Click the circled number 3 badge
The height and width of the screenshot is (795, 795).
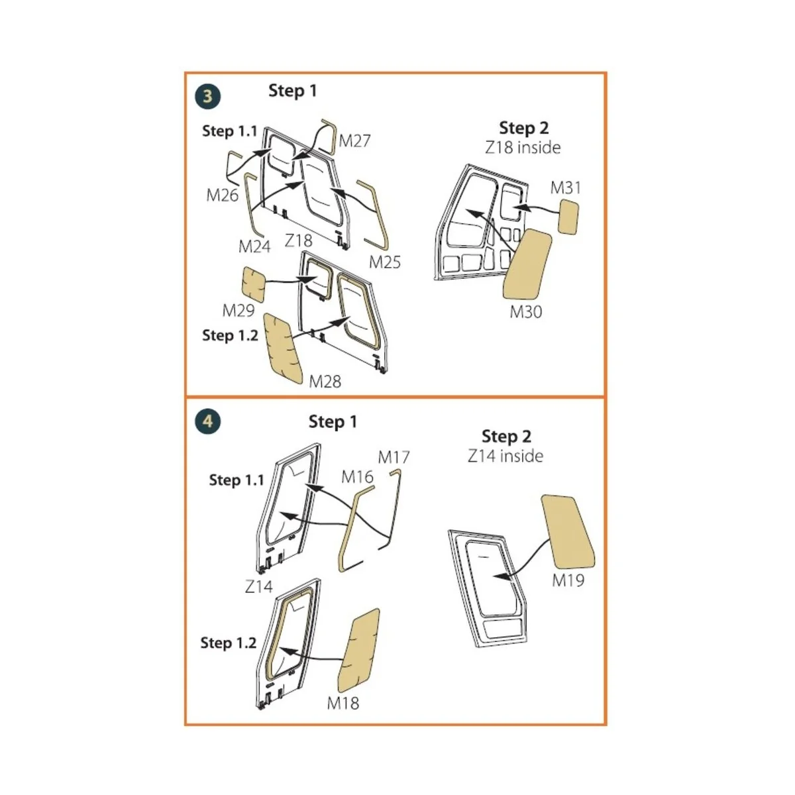pyautogui.click(x=207, y=97)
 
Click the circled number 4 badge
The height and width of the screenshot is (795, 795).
pyautogui.click(x=207, y=421)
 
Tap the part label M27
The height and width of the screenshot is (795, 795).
pyautogui.click(x=354, y=140)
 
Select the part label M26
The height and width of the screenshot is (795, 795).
pyautogui.click(x=222, y=195)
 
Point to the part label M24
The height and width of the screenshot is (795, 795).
pyautogui.click(x=254, y=246)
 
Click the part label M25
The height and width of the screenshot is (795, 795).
pyautogui.click(x=385, y=262)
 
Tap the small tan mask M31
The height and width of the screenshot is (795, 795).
pyautogui.click(x=568, y=217)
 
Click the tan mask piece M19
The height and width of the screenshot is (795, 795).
pyautogui.click(x=568, y=531)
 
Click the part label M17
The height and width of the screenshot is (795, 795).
pyautogui.click(x=394, y=457)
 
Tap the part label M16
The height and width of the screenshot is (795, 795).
pyautogui.click(x=357, y=476)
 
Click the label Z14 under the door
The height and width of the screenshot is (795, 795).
pyautogui.click(x=258, y=586)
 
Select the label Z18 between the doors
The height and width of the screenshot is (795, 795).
pyautogui.click(x=298, y=240)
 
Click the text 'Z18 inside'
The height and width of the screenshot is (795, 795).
pyautogui.click(x=523, y=147)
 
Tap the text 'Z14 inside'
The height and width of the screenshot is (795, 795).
pyautogui.click(x=505, y=456)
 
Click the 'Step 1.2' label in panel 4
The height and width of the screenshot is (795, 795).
pyautogui.click(x=228, y=643)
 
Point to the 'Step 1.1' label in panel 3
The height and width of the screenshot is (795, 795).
pyautogui.click(x=229, y=131)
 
